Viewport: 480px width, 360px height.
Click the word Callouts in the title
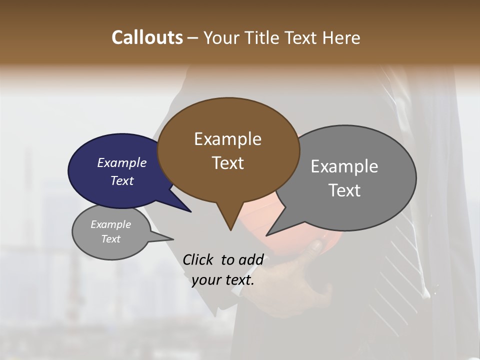(147, 37)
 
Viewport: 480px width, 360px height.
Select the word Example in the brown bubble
(227, 139)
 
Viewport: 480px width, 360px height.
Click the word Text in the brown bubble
(228, 163)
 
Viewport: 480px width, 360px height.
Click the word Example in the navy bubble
(121, 162)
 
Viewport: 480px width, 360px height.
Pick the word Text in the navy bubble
(121, 180)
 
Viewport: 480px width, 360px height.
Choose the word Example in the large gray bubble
(344, 166)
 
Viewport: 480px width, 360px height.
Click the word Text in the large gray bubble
(344, 190)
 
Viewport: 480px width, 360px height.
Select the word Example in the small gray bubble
(110, 224)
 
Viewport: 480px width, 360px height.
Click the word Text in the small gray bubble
(110, 239)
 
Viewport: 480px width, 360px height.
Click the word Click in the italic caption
(198, 259)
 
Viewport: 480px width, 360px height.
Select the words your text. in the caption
(223, 280)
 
